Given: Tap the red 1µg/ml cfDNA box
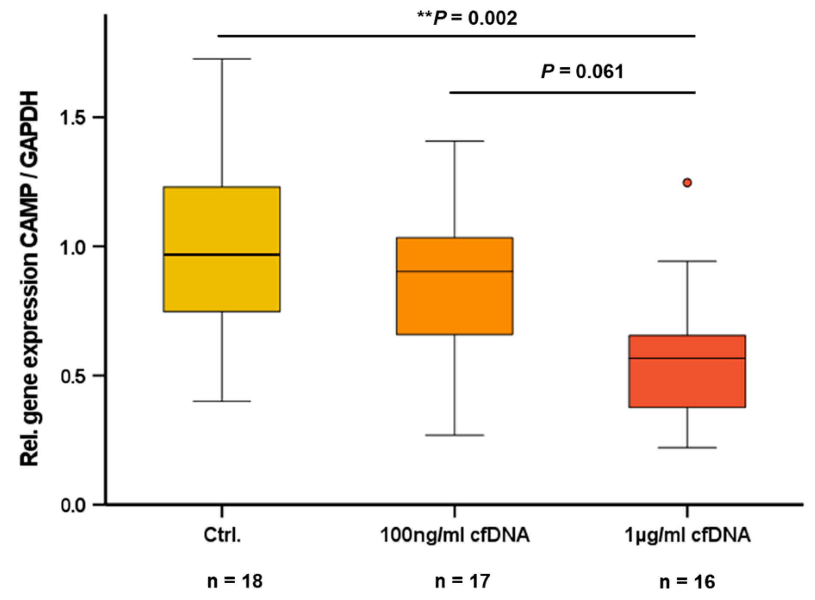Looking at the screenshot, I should (x=687, y=383).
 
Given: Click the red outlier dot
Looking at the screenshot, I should (x=687, y=183).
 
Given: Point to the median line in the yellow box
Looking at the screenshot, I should (x=222, y=255).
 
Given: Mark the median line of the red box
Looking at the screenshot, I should (x=687, y=358).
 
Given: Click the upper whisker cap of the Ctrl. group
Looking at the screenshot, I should (x=222, y=59).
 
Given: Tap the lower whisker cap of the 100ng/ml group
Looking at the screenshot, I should (x=454, y=435).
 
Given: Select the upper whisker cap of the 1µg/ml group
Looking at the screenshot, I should (x=687, y=261).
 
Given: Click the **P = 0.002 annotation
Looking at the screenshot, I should (x=467, y=18).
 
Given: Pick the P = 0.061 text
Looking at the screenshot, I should (x=582, y=72).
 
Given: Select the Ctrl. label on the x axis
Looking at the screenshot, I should (x=222, y=535).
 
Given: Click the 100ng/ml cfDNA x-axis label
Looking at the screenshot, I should (x=454, y=535).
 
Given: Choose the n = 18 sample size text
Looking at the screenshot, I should (x=235, y=581).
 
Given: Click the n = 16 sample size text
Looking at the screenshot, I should (x=687, y=582).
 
